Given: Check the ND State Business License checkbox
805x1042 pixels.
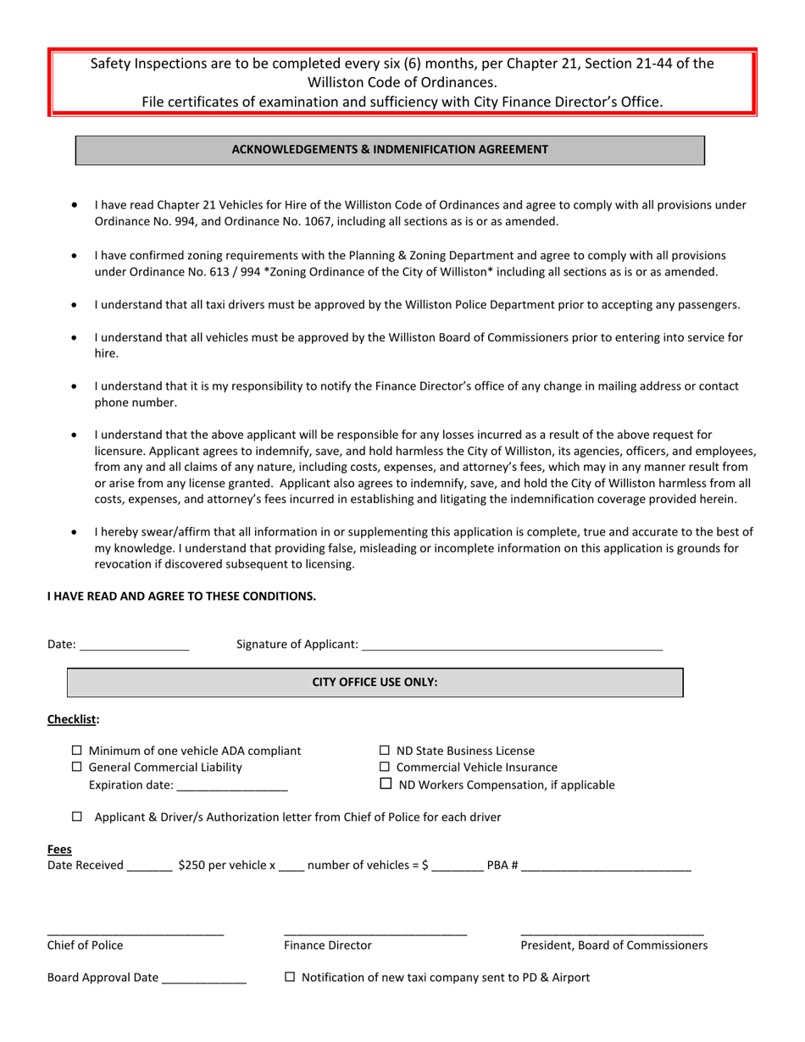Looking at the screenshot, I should [x=385, y=751].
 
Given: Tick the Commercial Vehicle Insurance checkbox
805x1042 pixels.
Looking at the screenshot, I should [x=385, y=767].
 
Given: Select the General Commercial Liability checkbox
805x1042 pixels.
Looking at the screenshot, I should [x=77, y=767].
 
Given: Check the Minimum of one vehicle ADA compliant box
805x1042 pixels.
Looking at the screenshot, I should [x=77, y=751].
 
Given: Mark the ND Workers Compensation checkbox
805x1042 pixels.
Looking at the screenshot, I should [x=386, y=784].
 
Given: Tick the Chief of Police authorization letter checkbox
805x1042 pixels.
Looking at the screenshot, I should [x=77, y=817].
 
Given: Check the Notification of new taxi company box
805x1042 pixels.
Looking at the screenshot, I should [x=290, y=977].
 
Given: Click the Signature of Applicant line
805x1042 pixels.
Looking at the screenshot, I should [x=511, y=645].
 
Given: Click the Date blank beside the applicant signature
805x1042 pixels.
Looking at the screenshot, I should [x=134, y=645].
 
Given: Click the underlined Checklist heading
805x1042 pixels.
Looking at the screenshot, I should [x=72, y=719].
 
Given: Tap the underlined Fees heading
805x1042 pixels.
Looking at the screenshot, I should [x=59, y=849].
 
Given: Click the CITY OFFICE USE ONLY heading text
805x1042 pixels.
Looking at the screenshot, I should [x=375, y=682].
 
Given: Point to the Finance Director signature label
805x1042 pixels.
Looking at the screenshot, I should [x=327, y=945].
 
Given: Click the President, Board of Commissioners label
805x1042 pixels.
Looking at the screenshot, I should [x=613, y=945].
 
